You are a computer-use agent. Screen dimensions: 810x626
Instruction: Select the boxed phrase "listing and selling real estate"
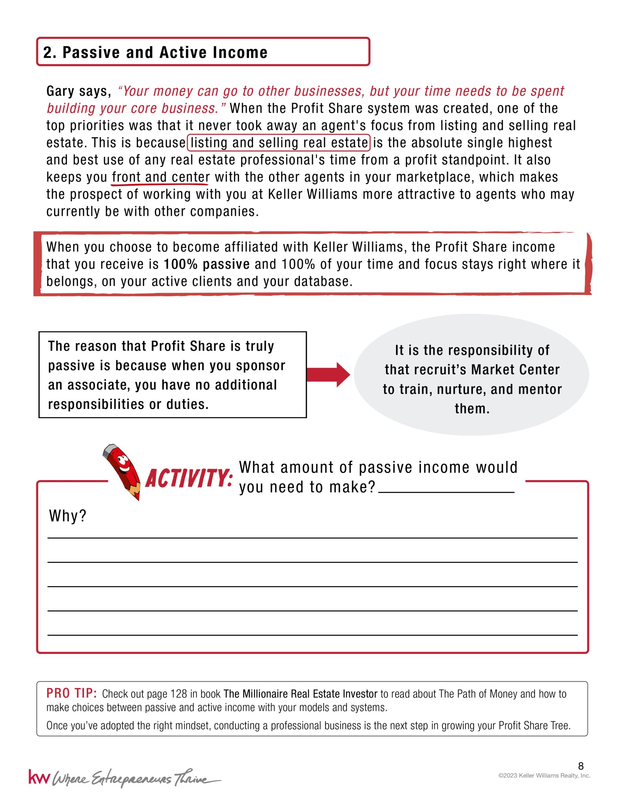coord(279,143)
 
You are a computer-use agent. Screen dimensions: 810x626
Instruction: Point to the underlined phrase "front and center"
coord(161,177)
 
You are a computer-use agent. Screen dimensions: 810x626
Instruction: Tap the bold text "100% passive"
coord(207,264)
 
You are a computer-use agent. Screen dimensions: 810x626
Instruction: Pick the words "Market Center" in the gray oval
coord(515,370)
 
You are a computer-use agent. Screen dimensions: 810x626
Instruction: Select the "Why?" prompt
coord(67,516)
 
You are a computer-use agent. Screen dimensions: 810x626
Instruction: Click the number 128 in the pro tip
coord(179,694)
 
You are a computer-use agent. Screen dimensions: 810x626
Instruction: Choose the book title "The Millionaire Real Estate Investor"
coord(300,694)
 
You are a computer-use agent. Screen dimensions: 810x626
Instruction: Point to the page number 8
coord(581,766)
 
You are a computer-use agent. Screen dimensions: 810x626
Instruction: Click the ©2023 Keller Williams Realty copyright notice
coord(544,776)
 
